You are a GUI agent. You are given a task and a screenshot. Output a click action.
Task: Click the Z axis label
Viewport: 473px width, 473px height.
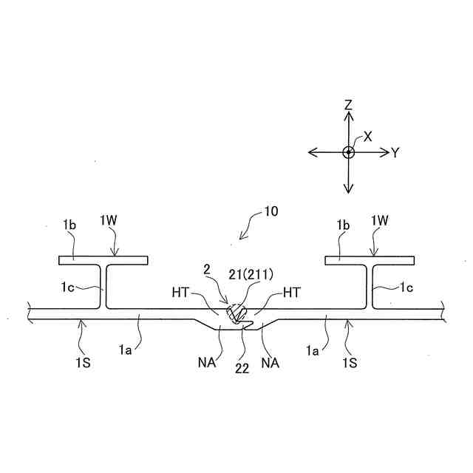point(347,106)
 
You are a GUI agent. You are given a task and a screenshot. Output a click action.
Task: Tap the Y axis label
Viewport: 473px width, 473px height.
point(395,153)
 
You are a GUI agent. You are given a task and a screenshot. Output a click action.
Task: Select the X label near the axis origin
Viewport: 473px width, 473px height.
point(367,137)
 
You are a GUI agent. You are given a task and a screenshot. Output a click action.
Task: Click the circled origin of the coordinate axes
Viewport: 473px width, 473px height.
point(348,152)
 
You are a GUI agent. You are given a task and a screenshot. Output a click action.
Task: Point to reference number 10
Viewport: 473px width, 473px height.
point(270,211)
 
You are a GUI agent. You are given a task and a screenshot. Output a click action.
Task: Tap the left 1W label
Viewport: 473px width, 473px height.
point(109,220)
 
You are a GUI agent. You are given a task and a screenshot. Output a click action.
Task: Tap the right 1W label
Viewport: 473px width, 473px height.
point(379,220)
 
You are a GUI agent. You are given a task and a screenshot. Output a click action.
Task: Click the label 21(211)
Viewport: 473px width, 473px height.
point(251,273)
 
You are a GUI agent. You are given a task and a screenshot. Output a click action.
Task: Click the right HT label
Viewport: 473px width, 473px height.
point(292,293)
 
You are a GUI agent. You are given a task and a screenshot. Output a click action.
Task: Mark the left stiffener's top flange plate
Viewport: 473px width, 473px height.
point(103,259)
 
